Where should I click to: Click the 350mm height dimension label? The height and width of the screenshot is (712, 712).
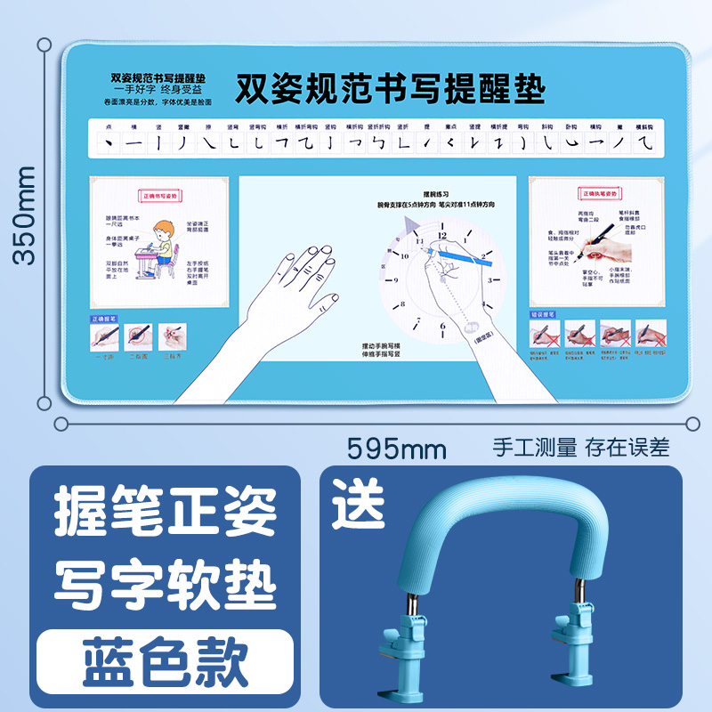coord(24,215)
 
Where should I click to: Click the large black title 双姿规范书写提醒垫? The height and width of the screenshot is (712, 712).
coord(390,89)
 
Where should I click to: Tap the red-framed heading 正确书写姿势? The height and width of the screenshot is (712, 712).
coord(160,194)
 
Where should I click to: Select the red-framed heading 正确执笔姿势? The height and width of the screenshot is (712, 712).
coord(599,192)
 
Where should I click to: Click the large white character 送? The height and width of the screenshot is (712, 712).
coord(359,502)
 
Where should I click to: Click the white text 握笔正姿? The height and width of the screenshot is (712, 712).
coord(164,514)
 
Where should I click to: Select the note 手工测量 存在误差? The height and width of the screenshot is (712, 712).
coord(581,446)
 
